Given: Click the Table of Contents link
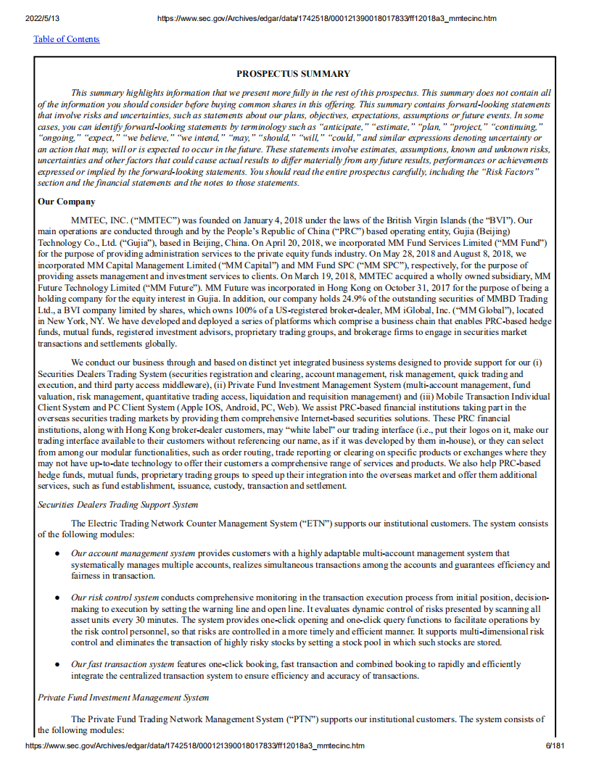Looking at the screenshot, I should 66,39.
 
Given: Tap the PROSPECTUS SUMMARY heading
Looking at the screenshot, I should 293,73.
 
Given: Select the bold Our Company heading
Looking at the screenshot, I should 66,202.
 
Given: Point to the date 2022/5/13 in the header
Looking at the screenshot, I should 41,17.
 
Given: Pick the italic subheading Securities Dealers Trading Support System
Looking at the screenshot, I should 117,505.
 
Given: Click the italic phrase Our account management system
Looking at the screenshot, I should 133,553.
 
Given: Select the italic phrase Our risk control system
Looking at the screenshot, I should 115,597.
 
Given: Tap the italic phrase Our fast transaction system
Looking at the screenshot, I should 123,664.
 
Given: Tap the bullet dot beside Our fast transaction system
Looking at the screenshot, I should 57,664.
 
